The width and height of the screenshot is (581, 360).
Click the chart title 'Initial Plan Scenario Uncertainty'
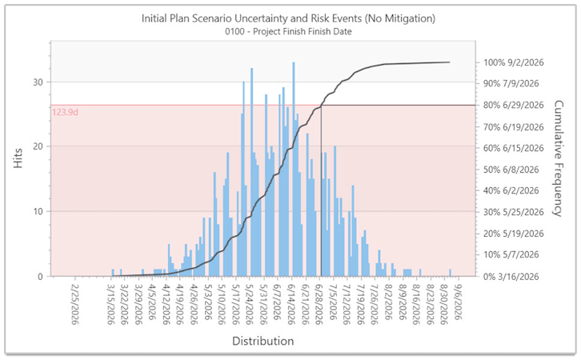pyautogui.click(x=290, y=18)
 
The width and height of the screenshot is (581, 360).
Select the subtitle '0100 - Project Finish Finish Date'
pyautogui.click(x=290, y=32)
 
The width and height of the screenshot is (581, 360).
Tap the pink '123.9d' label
pyautogui.click(x=66, y=113)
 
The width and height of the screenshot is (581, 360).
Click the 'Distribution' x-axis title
pyautogui.click(x=262, y=341)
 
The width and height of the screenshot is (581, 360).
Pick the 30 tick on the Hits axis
pyautogui.click(x=38, y=82)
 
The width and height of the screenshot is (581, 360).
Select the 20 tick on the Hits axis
pyautogui.click(x=38, y=146)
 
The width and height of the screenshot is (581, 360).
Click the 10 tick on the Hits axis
pyautogui.click(x=38, y=211)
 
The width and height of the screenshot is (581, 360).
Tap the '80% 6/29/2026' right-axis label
pyautogui.click(x=514, y=105)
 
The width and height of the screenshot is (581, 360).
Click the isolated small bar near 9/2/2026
pyautogui.click(x=451, y=273)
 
